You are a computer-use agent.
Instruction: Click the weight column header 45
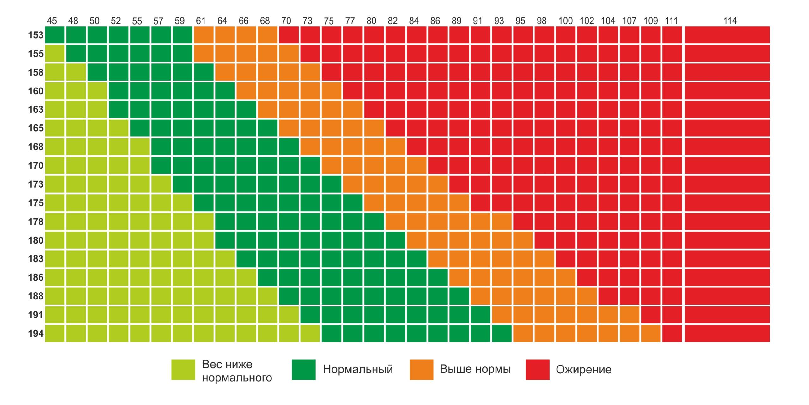point(52,21)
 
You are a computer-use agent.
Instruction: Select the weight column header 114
point(730,21)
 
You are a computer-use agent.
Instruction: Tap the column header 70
point(286,21)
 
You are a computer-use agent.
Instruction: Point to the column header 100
point(565,21)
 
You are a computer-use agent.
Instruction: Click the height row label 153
point(36,35)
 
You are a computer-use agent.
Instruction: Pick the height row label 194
point(36,333)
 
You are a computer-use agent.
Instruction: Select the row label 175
point(36,203)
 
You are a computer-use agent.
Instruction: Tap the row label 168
point(36,147)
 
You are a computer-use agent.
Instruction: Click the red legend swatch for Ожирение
point(537,369)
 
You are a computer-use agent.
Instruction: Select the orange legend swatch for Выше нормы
point(421,369)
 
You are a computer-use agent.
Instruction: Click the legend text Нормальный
point(358,369)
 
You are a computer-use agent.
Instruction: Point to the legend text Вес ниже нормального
point(237,371)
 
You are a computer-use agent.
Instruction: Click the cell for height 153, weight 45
point(55,35)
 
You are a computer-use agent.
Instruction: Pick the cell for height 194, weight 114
point(727,333)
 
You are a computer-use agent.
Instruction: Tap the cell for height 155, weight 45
point(55,53)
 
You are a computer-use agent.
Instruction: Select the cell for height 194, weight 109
point(651,333)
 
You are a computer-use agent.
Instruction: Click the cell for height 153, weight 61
point(204,35)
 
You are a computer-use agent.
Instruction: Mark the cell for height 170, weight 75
point(331,165)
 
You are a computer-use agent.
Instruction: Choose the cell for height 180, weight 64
point(225,240)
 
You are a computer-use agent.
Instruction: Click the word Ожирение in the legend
point(583,370)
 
